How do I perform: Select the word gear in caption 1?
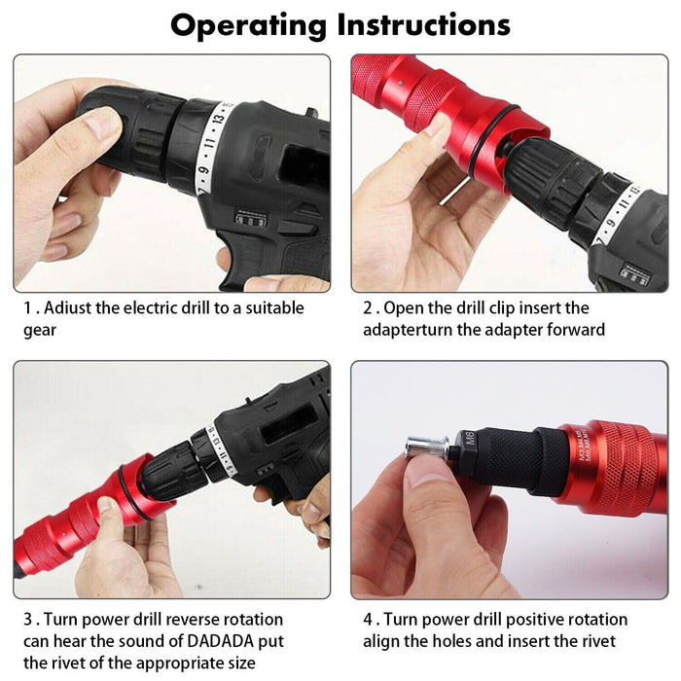pos(40,330)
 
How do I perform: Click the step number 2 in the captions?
pos(368,308)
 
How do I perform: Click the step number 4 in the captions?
pos(368,620)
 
